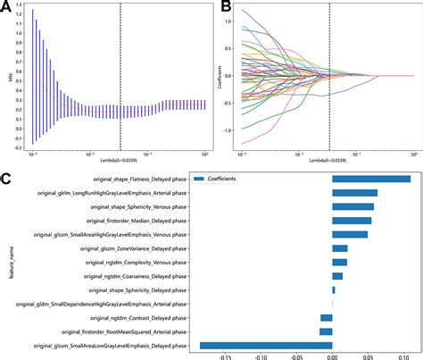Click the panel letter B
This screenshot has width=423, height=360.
pyautogui.click(x=227, y=8)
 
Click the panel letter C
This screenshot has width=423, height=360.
pyautogui.click(x=7, y=178)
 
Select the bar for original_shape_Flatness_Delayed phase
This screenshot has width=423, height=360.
pyautogui.click(x=371, y=179)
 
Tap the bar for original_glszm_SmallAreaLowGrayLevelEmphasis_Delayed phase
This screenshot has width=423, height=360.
pyautogui.click(x=266, y=345)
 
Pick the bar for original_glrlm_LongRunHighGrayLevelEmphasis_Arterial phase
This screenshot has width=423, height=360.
pyautogui.click(x=354, y=192)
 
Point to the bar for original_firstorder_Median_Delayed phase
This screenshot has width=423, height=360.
pyautogui.click(x=352, y=220)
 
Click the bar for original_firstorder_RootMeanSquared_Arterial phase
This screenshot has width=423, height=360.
pyautogui.click(x=326, y=331)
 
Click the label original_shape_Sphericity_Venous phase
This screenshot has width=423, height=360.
pyautogui.click(x=137, y=206)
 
